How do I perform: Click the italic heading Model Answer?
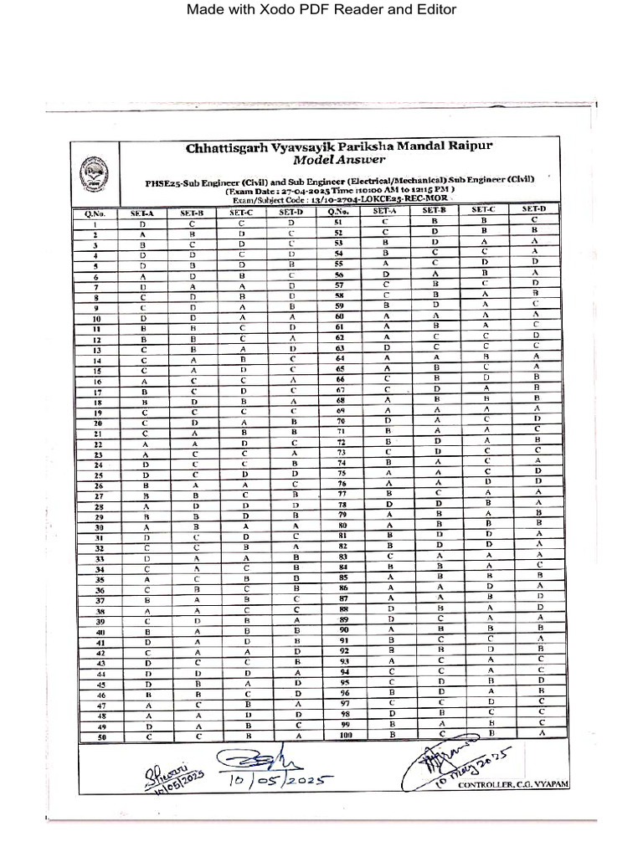(339, 160)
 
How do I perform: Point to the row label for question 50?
(100, 736)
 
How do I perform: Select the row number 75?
(341, 473)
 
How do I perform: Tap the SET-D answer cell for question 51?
(533, 220)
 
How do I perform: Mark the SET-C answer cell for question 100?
(486, 733)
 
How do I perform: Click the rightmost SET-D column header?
(533, 209)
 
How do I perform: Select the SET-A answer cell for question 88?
(388, 608)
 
